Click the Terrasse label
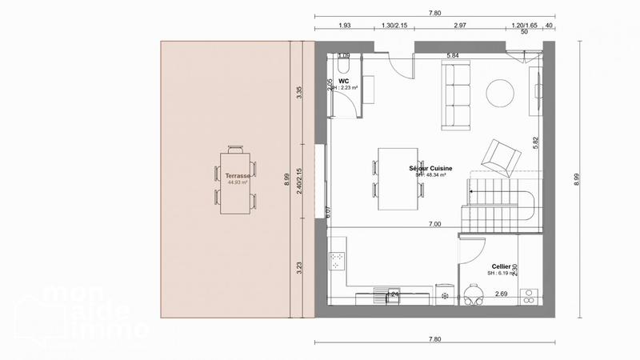coord(238,175)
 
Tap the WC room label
coord(344,82)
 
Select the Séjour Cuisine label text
coord(431,168)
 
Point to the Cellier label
coord(501,266)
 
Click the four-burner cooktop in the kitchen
coord(338,260)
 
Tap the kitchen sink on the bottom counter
coord(392,295)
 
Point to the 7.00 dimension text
coord(434,225)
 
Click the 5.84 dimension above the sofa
coord(452,55)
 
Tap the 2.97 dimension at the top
coord(459,26)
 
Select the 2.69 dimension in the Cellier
coord(501,294)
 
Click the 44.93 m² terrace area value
coord(238,182)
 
